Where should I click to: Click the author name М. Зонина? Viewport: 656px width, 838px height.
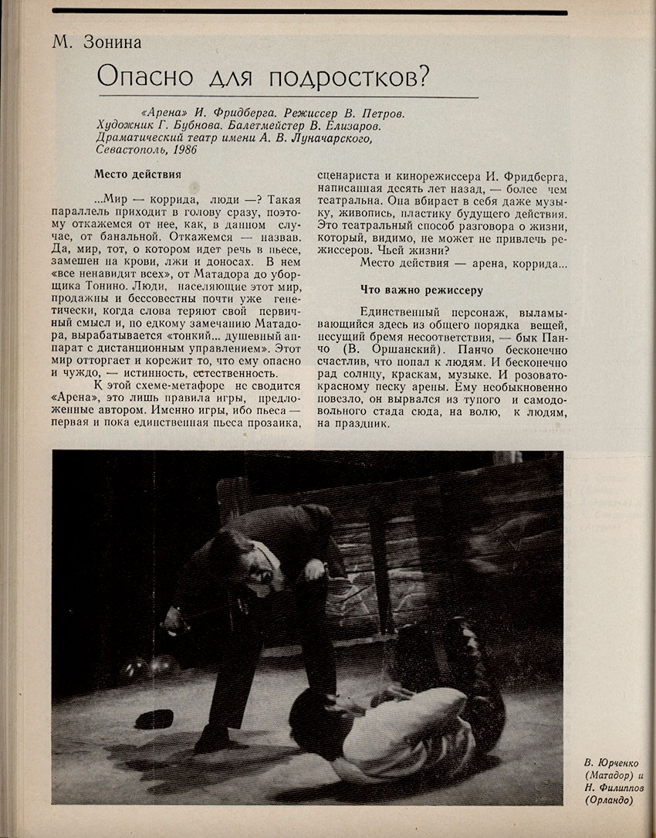(97, 42)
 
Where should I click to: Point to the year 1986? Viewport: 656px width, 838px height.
(184, 151)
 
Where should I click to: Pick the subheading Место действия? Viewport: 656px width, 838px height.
(137, 175)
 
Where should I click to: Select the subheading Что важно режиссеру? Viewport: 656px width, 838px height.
(421, 290)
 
